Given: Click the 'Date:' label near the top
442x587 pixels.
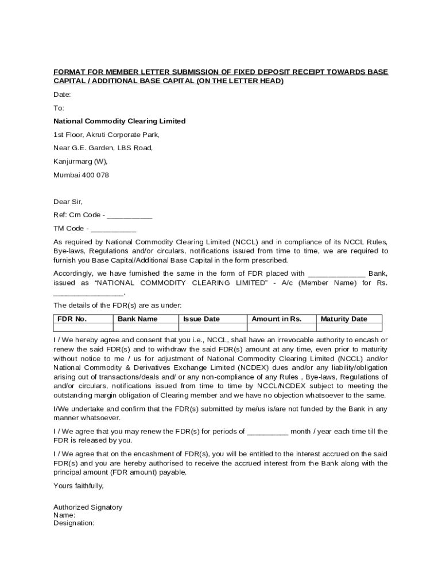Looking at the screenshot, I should click(62, 95).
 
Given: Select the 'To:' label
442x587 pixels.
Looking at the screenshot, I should click(59, 108).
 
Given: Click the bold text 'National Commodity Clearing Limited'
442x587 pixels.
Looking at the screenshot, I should click(119, 121).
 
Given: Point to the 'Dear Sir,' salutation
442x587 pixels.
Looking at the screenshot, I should click(68, 202).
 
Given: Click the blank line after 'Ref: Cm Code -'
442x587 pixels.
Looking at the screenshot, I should click(130, 216).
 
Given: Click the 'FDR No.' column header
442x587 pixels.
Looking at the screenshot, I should click(72, 319).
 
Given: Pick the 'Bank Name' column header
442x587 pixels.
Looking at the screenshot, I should click(137, 319).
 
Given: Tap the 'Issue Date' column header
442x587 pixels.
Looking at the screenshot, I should click(201, 319).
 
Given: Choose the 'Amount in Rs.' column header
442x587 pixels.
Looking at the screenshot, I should click(276, 319).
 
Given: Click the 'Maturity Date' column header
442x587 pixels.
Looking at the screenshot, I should click(344, 319).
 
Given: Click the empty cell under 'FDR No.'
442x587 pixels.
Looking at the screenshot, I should click(83, 328).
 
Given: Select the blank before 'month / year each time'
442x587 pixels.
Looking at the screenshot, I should click(267, 432).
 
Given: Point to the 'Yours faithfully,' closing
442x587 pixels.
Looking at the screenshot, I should click(79, 486).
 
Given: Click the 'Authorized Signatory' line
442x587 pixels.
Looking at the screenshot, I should click(88, 507).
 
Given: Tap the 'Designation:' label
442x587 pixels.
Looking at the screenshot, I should click(73, 523).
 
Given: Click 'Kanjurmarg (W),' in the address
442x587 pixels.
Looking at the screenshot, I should click(80, 161).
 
